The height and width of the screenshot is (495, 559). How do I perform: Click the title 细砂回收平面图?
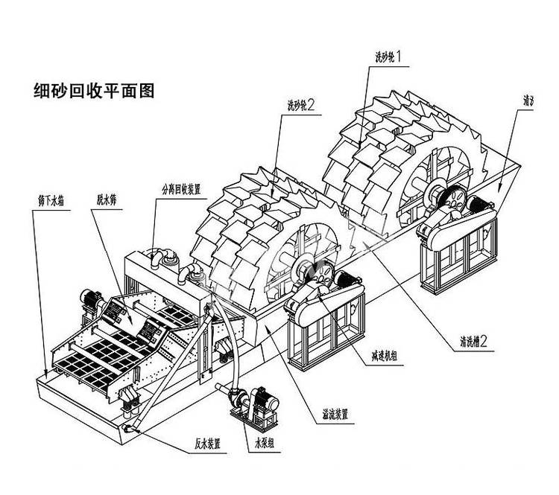pyautogui.click(x=93, y=91)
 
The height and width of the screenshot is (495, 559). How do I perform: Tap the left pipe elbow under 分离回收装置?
pyautogui.click(x=160, y=261)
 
